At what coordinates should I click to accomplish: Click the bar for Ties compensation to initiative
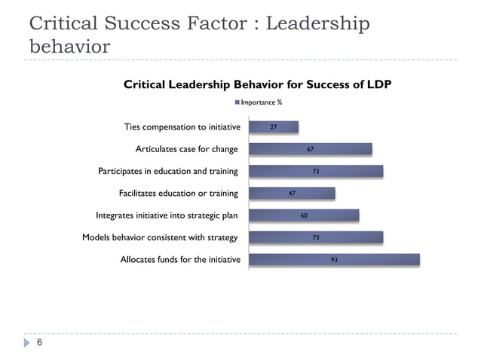[273, 127]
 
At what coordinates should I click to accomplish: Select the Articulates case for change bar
[310, 149]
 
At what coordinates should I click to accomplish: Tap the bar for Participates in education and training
[315, 172]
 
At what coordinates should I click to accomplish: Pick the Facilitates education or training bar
[291, 194]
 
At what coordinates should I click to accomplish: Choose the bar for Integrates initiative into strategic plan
[303, 215]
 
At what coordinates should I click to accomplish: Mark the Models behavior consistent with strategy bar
[315, 237]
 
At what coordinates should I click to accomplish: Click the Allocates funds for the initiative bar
[333, 260]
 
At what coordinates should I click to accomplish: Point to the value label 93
[334, 260]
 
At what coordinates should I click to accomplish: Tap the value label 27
[274, 127]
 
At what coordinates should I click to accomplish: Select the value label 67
[310, 149]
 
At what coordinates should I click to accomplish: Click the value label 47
[292, 194]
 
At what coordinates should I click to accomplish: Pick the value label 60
[304, 215]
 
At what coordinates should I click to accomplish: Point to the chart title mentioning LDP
[257, 84]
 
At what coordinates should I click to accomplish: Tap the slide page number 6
[39, 343]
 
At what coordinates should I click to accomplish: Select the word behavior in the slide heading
[69, 47]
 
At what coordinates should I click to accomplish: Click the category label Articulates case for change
[186, 149]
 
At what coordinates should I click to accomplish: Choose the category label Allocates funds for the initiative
[180, 261]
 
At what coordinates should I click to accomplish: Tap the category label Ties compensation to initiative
[182, 127]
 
